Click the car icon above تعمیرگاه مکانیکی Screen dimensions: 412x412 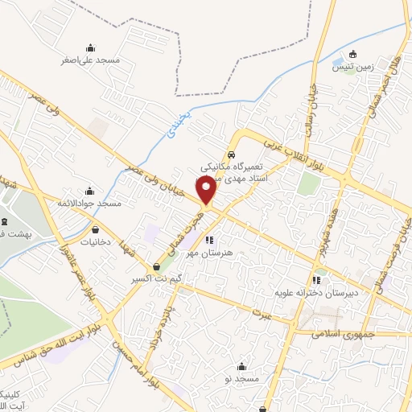tap(231, 154)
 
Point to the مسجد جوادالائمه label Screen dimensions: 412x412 tap(89, 204)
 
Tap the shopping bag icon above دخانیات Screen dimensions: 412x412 tap(96, 229)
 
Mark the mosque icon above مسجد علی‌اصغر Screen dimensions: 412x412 tap(90, 47)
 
